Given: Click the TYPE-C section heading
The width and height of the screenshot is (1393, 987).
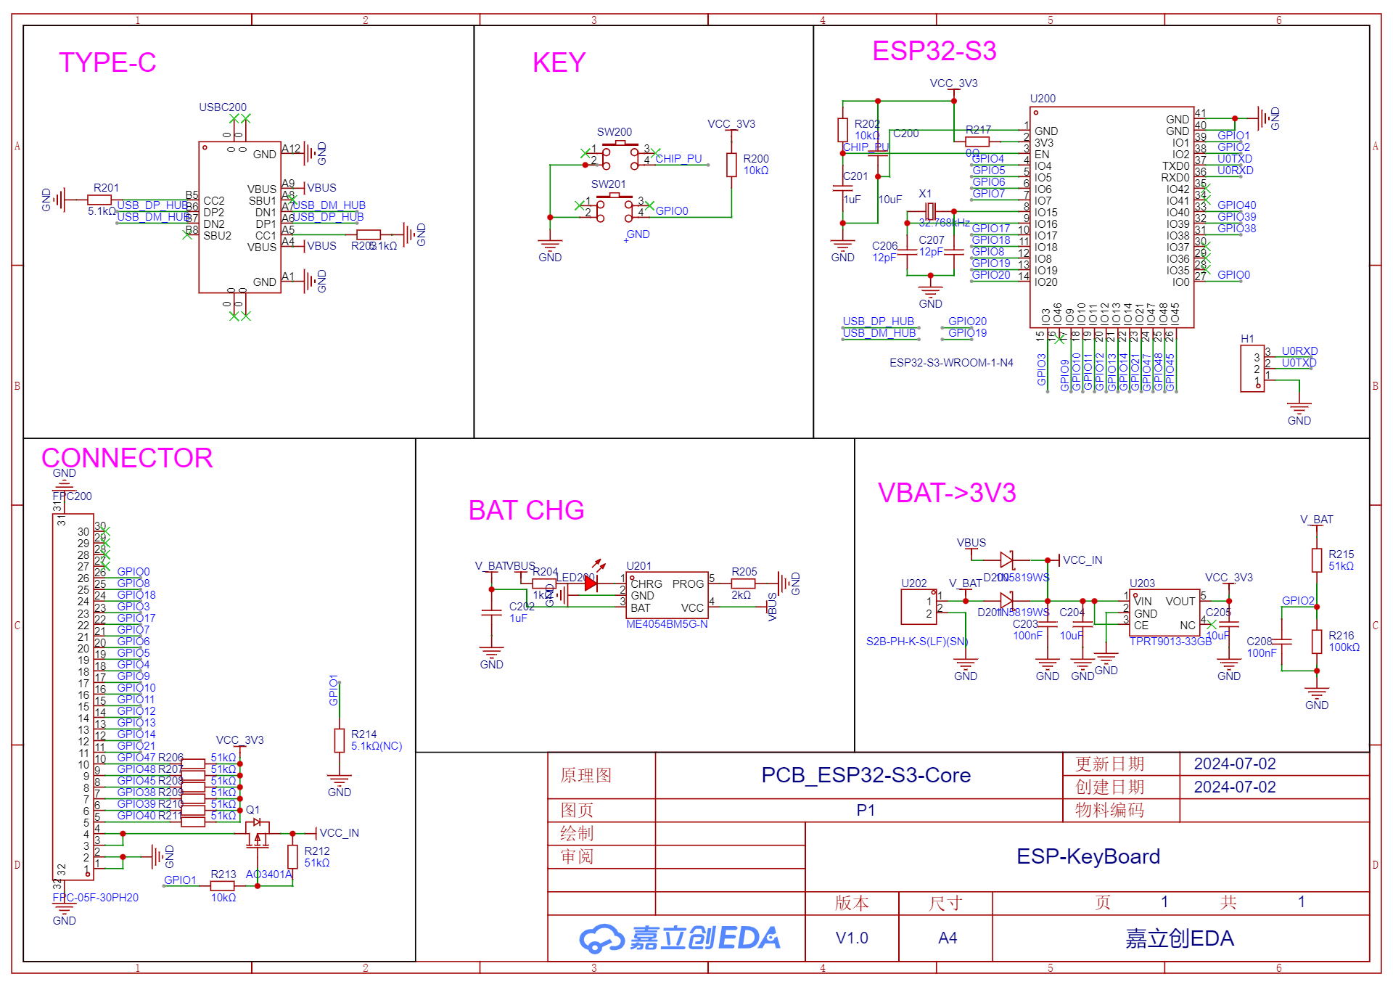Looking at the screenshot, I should click(107, 63).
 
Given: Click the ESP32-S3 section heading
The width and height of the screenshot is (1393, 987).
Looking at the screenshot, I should click(934, 52).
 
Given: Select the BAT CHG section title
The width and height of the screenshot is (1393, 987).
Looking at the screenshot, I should click(526, 510).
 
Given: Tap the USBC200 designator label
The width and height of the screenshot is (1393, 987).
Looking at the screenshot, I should click(223, 107).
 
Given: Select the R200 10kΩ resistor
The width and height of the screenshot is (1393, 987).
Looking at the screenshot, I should click(731, 165).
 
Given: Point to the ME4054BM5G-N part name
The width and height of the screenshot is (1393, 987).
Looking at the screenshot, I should click(667, 624).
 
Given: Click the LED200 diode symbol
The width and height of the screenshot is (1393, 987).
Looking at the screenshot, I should click(591, 583).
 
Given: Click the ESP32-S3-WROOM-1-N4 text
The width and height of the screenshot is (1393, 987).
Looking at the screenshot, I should click(951, 363).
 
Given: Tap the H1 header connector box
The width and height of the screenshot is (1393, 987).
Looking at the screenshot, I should click(1252, 369).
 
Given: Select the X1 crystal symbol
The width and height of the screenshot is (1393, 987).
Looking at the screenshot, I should click(930, 211).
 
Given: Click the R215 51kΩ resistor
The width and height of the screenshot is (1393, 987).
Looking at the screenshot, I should click(1317, 560).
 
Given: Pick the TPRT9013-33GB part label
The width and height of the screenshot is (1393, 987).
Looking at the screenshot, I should click(1170, 642).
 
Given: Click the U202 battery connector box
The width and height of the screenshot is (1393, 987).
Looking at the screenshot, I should click(919, 607).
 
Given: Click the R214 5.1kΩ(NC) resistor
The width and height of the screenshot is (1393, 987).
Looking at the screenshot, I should click(339, 740).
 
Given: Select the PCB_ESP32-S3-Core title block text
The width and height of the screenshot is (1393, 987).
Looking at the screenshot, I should click(866, 775).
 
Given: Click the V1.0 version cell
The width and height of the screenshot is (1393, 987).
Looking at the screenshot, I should click(852, 938).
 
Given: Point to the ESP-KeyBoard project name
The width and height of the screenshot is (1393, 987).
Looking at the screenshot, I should click(1088, 856).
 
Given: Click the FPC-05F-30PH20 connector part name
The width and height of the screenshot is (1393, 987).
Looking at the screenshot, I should click(95, 898).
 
